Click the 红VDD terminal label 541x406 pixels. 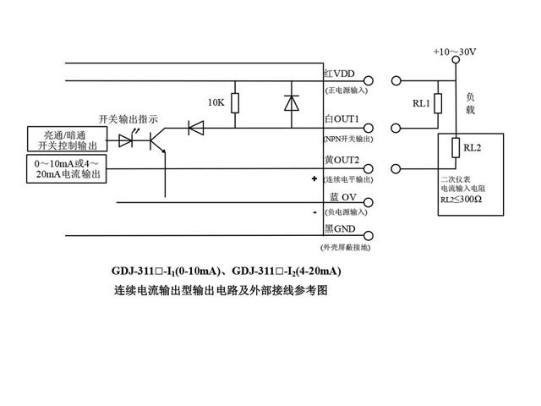[339, 75]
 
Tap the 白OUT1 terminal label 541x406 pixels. [342, 119]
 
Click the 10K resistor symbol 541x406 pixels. [234, 103]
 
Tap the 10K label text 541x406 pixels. [216, 102]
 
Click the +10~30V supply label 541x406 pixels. [455, 52]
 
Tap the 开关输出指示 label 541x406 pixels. [128, 118]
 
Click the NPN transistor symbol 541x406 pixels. [157, 140]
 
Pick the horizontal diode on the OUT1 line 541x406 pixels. [196, 128]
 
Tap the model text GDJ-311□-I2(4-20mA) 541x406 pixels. [286, 271]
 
